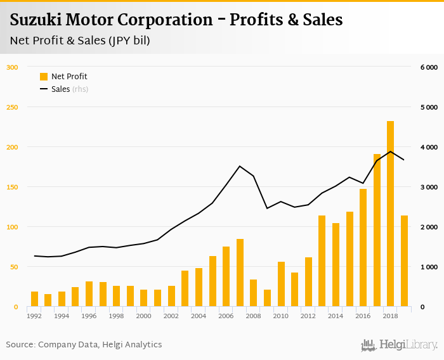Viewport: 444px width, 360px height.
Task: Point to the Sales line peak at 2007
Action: [x=240, y=166]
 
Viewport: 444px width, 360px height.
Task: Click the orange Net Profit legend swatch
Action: [x=44, y=77]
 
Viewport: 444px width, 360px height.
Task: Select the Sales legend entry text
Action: [x=60, y=89]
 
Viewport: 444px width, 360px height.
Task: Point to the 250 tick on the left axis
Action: [x=11, y=107]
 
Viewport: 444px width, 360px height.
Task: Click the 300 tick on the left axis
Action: [x=11, y=67]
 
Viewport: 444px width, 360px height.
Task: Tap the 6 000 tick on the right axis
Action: [x=429, y=67]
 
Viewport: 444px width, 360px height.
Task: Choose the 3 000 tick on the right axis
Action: [x=429, y=187]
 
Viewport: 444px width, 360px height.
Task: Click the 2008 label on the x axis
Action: [x=253, y=315]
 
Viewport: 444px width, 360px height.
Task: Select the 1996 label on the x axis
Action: [x=89, y=315]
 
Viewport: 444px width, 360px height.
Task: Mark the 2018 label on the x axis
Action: [x=390, y=315]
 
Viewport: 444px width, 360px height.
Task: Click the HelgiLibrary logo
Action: [x=399, y=345]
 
